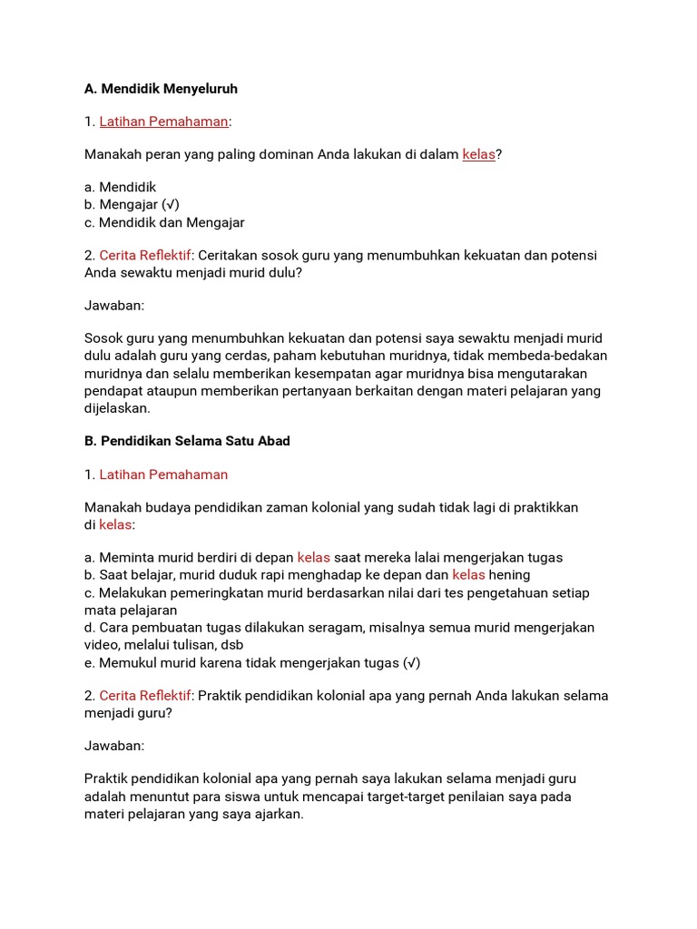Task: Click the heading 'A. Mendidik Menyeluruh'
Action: (161, 89)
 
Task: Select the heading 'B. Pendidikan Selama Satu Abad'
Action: (187, 441)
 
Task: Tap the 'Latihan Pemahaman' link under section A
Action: (163, 122)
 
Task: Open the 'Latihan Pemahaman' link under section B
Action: (163, 474)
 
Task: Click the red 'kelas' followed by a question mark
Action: (478, 154)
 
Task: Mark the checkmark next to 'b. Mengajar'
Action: (172, 205)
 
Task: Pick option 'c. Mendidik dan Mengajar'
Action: (164, 222)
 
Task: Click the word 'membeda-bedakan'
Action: (555, 356)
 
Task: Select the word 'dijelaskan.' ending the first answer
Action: (117, 408)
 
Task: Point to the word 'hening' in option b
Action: (509, 575)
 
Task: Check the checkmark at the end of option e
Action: (412, 662)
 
